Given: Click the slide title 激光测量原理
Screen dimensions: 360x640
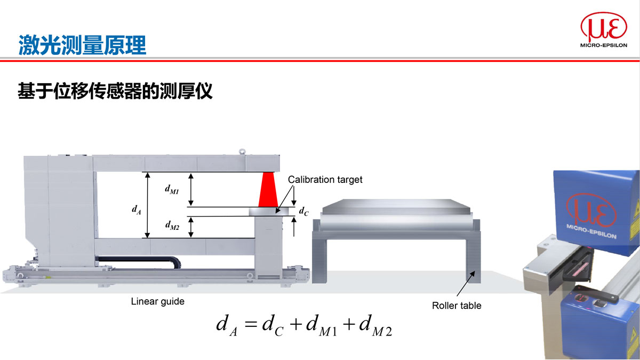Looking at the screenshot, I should pos(82,44).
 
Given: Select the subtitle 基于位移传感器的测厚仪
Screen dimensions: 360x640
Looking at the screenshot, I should pos(115,91).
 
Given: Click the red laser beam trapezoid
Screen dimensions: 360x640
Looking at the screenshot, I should pos(268,190).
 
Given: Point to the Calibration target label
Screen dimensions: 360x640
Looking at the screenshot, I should pos(325,180).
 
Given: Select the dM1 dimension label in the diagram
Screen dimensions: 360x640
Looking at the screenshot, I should pos(172,189).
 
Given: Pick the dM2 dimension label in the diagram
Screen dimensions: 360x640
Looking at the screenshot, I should pos(172,227).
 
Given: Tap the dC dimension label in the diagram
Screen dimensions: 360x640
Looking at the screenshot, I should pos(303,212).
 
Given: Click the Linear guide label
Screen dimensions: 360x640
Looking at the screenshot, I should pos(157,301).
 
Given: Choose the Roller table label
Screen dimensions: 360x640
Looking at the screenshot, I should pos(457,306).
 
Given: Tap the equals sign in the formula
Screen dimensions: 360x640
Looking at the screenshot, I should pos(250,324).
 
